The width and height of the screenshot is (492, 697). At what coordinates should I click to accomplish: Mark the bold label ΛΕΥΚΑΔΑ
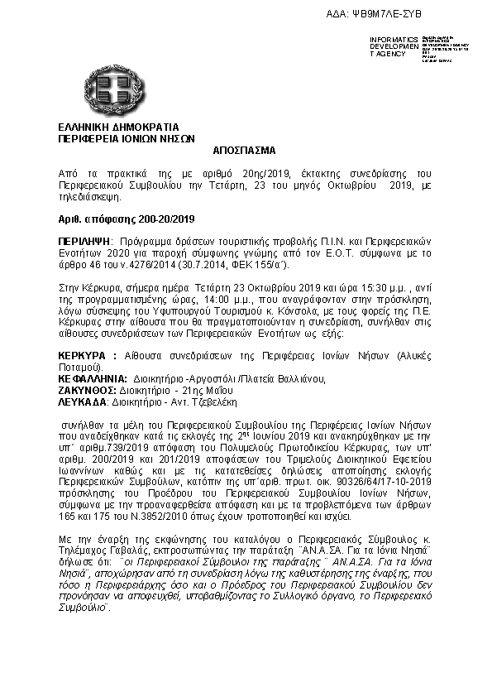point(80,401)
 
